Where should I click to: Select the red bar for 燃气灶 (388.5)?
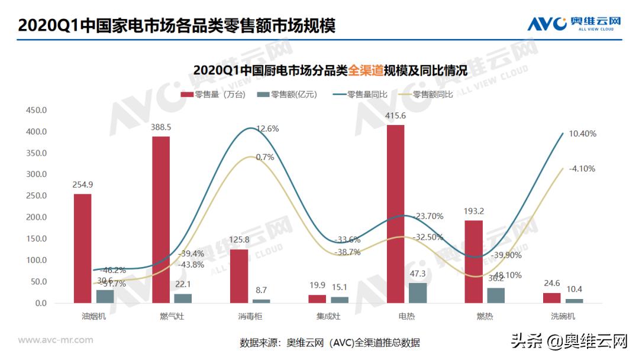tap(161, 220)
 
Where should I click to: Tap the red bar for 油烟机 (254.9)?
tap(83, 248)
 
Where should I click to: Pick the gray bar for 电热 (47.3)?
tap(417, 292)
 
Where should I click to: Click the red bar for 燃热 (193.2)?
tap(473, 261)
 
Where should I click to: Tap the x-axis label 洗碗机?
tap(562, 316)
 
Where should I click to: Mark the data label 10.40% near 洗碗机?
tap(582, 134)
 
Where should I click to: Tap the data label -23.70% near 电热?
tap(429, 216)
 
